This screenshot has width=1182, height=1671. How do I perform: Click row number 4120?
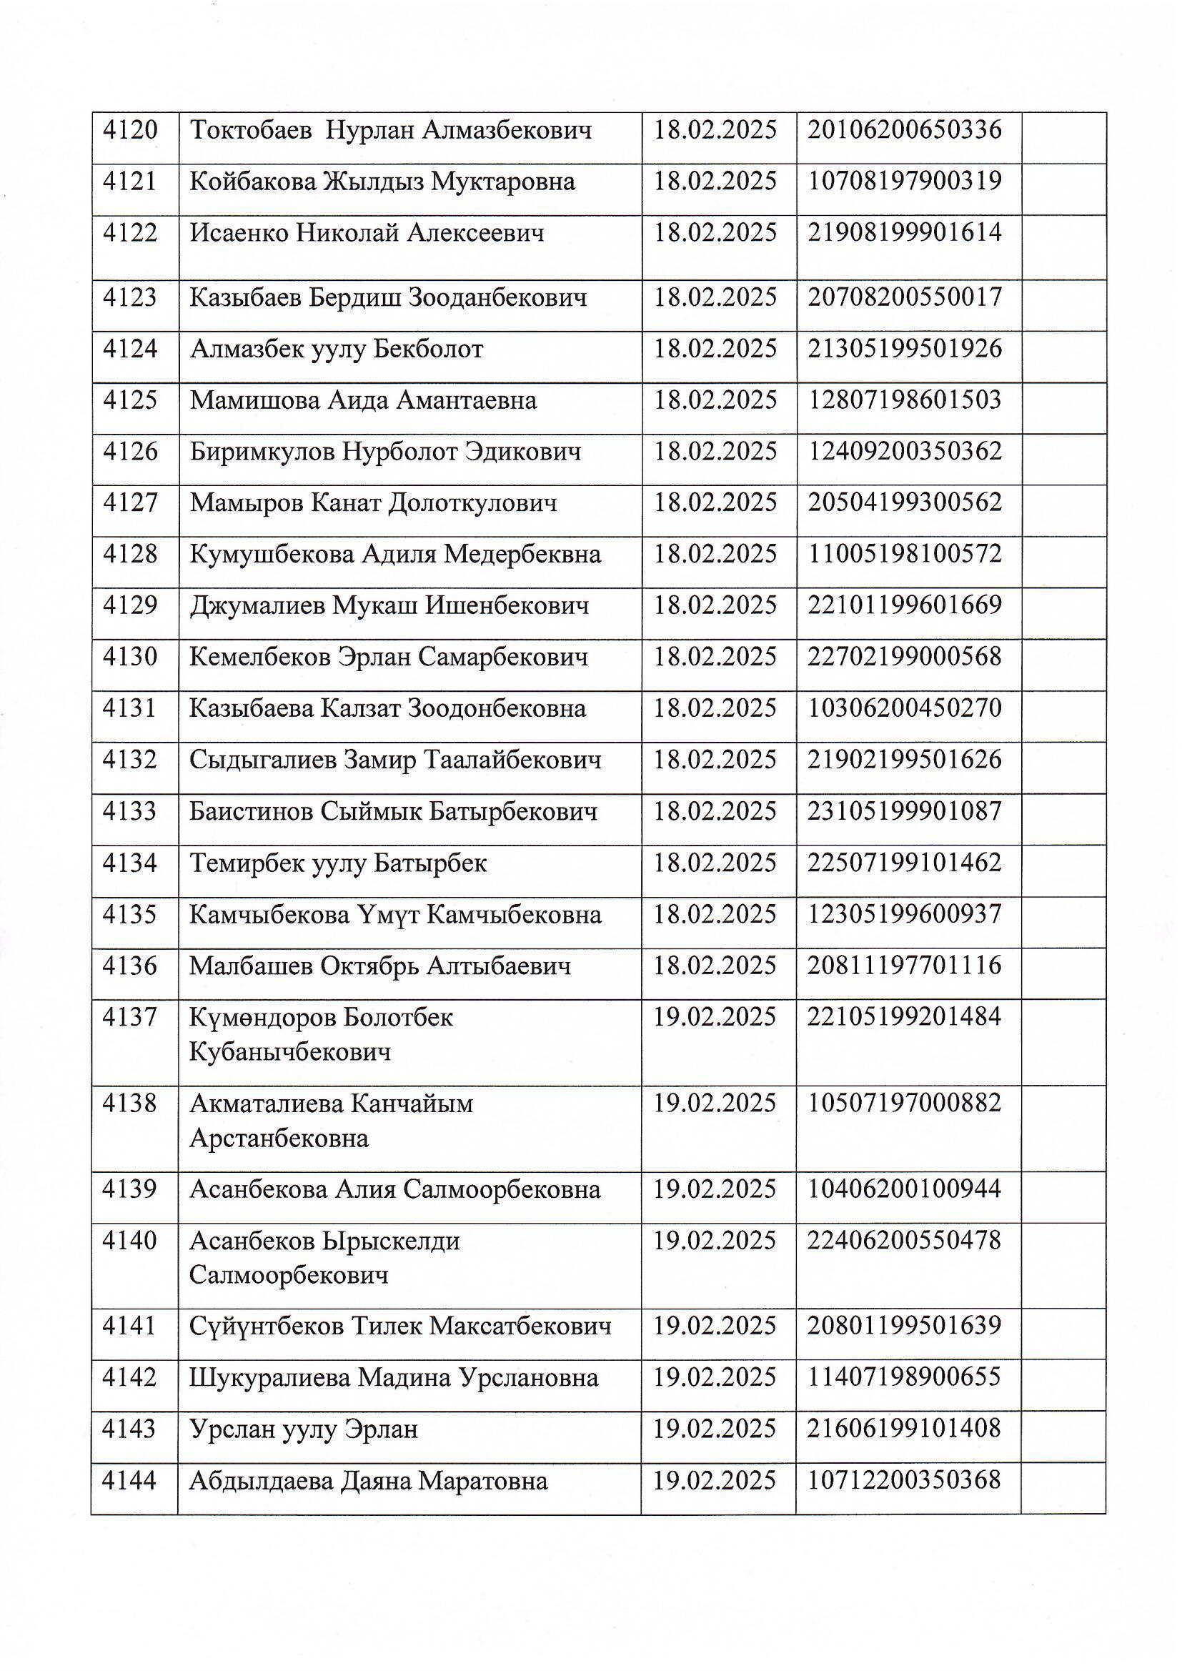[x=130, y=130]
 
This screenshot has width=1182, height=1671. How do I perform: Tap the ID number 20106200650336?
[x=905, y=130]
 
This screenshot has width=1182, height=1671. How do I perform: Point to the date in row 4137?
[x=715, y=1017]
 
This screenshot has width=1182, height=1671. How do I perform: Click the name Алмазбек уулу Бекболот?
[x=337, y=349]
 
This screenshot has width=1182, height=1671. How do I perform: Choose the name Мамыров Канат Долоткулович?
[x=373, y=503]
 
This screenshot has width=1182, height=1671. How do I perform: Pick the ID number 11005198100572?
[x=905, y=554]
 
